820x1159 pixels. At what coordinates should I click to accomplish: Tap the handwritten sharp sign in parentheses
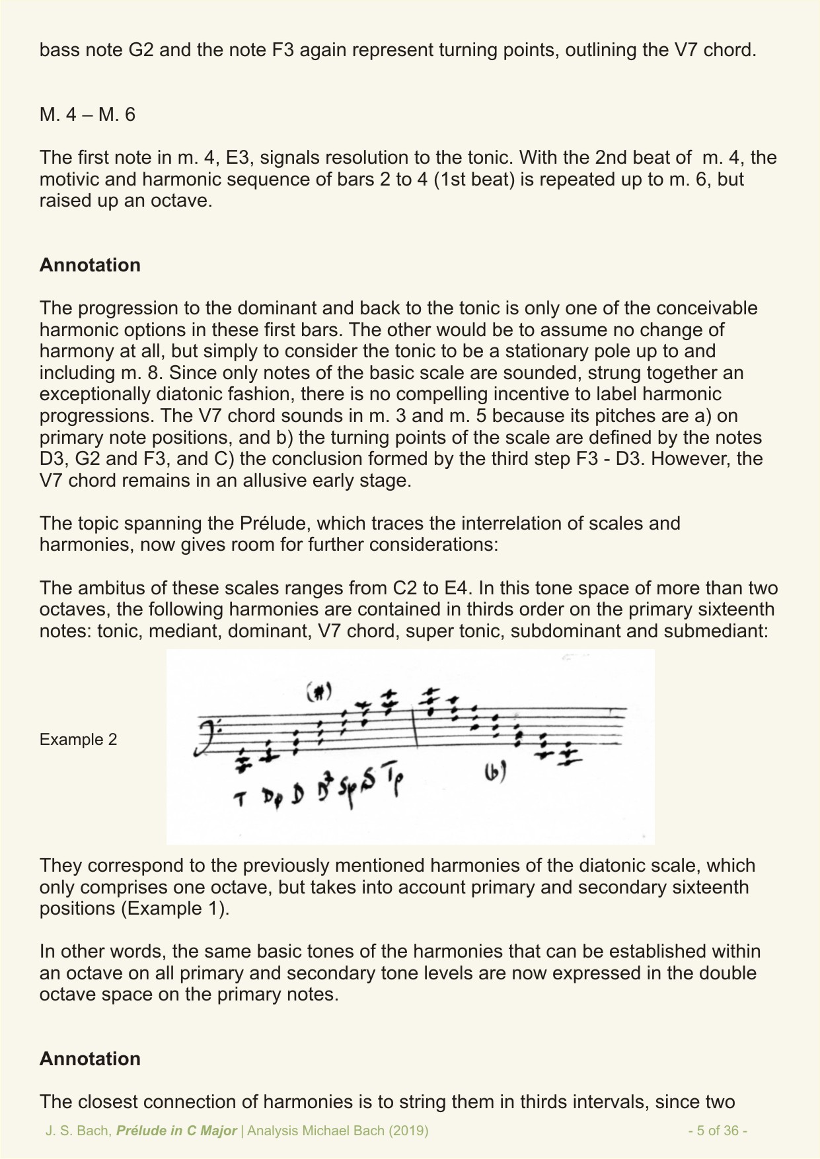[x=319, y=691]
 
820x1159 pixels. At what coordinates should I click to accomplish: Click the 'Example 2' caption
[x=78, y=739]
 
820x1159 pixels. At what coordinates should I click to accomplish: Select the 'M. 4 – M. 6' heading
[x=87, y=114]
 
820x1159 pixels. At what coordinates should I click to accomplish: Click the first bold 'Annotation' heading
[x=90, y=265]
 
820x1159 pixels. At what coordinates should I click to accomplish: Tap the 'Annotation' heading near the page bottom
[x=90, y=1059]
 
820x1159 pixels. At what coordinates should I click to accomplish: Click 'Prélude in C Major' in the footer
[x=176, y=1131]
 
